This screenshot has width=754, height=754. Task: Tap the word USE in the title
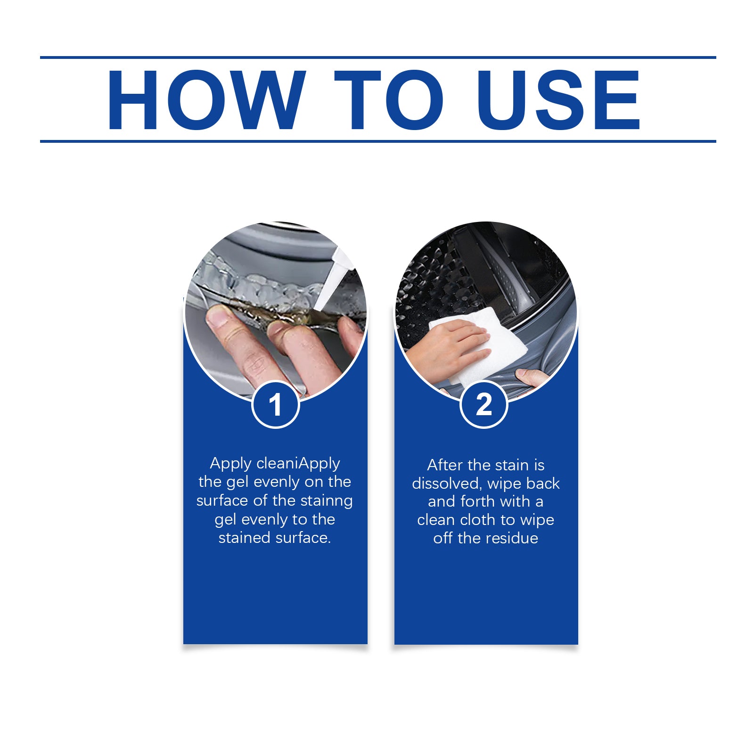click(x=558, y=100)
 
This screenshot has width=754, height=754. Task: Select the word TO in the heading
click(x=389, y=100)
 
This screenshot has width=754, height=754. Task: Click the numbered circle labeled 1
click(x=276, y=404)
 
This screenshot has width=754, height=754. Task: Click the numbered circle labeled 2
click(x=484, y=404)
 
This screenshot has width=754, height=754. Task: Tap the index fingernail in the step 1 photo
click(x=218, y=317)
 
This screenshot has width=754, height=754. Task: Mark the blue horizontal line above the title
click(x=378, y=57)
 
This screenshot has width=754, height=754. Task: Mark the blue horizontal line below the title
click(x=378, y=141)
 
